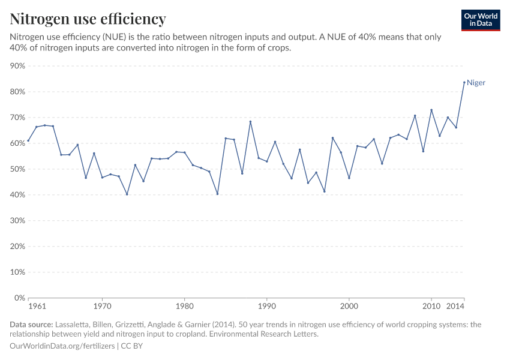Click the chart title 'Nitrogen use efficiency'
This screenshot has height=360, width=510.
pos(88,19)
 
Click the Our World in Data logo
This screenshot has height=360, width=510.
pos(480,20)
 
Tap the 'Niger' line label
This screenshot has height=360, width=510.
pos(476,83)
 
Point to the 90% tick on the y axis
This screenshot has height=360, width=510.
pos(17,66)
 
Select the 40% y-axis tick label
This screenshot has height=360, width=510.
pos(17,195)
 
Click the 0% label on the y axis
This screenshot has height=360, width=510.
pos(19,298)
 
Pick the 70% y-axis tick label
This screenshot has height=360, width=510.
pos(17,118)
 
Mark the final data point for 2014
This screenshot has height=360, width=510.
pos(464,82)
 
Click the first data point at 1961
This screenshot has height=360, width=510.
pos(28,140)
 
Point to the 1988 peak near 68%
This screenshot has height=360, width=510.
pos(250,122)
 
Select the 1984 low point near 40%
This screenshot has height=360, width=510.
pos(217,194)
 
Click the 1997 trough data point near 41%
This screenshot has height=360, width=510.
pos(324,191)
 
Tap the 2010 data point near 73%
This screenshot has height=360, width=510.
pos(431,110)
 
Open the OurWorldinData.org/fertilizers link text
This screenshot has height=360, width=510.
pos(63,346)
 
